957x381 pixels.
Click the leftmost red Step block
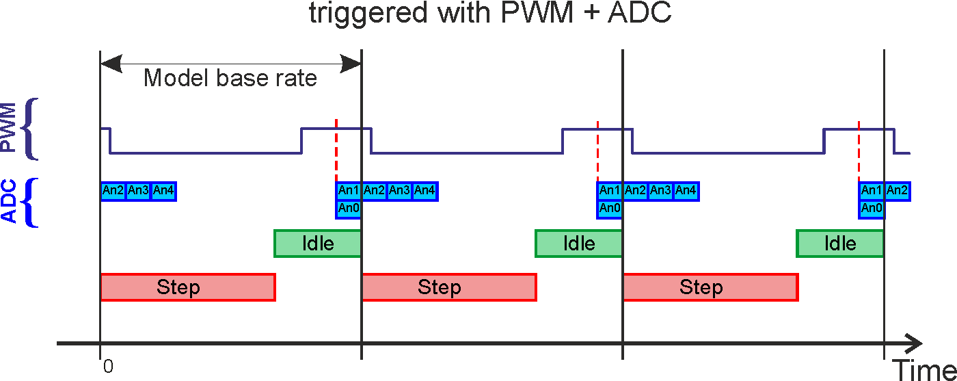pos(187,287)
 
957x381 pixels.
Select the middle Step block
pos(448,287)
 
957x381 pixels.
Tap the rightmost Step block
pos(710,287)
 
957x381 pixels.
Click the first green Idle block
pos(318,244)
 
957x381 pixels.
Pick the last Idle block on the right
pos(840,244)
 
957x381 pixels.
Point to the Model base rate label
pos(230,78)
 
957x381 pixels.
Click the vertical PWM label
pos(9,128)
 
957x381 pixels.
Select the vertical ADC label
pos(9,202)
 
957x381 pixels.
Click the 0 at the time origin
pos(108,367)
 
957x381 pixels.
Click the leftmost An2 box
pos(113,191)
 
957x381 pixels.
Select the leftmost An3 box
pos(138,191)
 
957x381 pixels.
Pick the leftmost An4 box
pos(163,191)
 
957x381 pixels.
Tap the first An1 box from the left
pos(349,191)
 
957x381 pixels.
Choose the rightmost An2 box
pos(897,191)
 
